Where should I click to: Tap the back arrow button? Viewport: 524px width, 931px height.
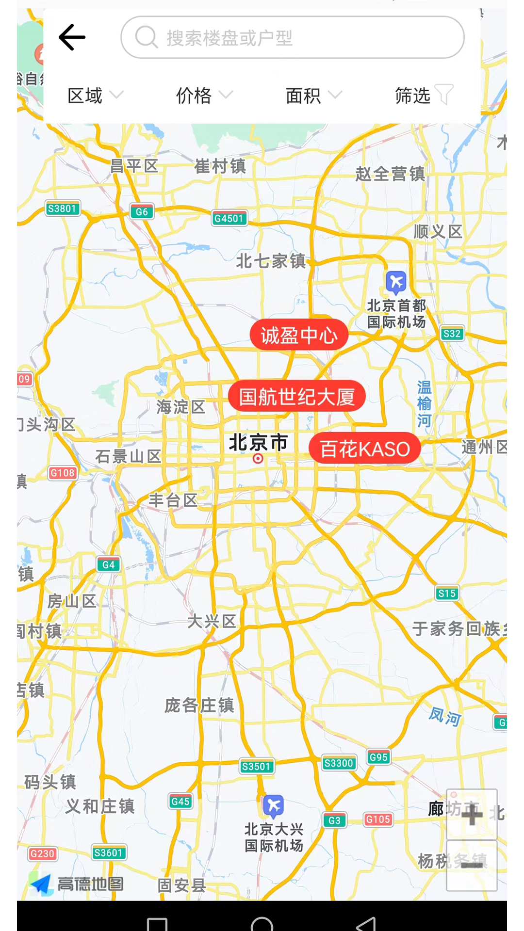click(72, 37)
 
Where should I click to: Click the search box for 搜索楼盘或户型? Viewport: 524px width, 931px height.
click(292, 37)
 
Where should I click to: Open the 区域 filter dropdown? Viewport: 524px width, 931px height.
click(95, 96)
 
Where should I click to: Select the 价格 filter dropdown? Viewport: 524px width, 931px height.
click(204, 96)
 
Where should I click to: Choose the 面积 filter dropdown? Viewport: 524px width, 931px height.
click(313, 96)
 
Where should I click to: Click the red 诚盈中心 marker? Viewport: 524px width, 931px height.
click(299, 335)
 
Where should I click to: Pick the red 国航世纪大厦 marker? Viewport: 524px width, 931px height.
click(296, 397)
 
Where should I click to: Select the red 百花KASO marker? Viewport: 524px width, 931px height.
click(364, 449)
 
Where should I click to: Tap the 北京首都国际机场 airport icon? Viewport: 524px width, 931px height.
click(396, 282)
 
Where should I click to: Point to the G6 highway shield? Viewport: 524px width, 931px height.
click(142, 211)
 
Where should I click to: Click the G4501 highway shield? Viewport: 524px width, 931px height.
click(229, 218)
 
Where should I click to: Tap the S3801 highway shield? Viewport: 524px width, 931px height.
click(62, 209)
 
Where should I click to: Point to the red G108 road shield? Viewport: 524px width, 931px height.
click(63, 473)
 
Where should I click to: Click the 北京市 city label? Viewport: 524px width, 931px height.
click(258, 443)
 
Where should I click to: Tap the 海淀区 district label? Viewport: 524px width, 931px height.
click(181, 407)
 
